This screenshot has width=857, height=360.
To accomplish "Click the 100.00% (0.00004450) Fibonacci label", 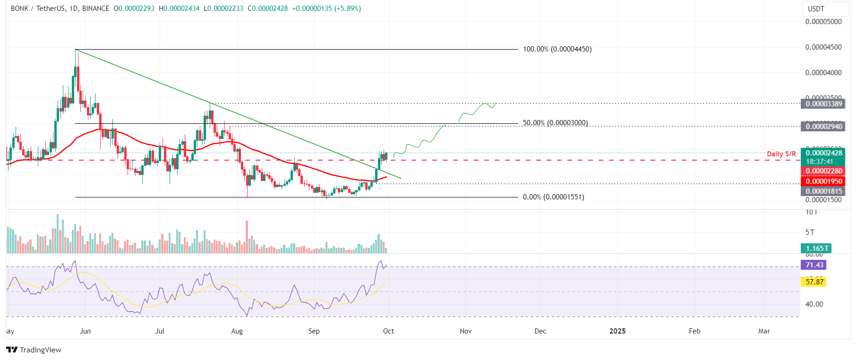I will click(557, 49).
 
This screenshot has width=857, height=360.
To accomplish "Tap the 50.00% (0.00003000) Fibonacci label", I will click(555, 123).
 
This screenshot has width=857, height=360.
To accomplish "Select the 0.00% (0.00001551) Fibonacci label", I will click(553, 197).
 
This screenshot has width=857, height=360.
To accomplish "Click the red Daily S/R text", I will click(781, 154).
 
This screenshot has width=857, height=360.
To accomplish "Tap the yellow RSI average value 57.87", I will click(814, 282).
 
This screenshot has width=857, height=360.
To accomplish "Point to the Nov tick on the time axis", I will click(466, 331).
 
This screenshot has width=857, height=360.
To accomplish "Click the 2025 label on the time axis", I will click(617, 331).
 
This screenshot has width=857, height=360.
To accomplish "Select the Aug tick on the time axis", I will click(237, 331).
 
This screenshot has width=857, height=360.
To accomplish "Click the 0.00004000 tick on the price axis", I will click(823, 73).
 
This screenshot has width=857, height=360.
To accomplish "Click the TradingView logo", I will click(34, 350).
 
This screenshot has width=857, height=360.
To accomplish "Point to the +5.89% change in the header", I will click(347, 9).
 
